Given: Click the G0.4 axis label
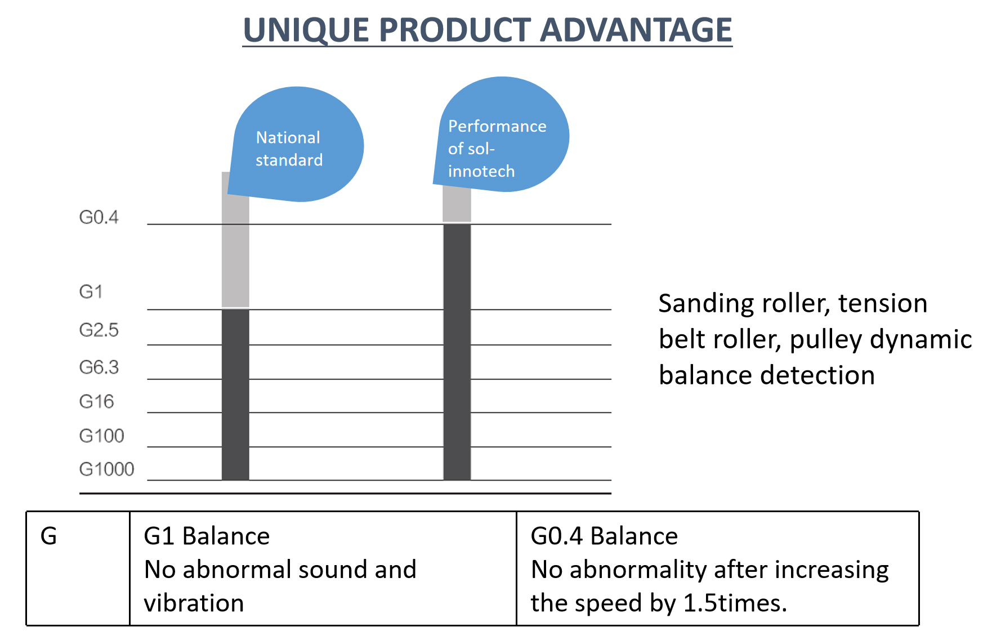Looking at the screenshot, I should coord(99,217).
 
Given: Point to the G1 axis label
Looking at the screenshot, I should coord(91,292).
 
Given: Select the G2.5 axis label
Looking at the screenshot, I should coord(99,330).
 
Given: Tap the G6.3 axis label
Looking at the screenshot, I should coord(99,367).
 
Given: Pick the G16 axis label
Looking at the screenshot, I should coord(96,401).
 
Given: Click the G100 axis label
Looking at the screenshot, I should coord(101,436).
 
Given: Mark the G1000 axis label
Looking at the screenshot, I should coord(106,469).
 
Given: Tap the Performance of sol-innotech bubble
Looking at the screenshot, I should coord(501,135).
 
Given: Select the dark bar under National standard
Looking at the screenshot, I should coord(235,394).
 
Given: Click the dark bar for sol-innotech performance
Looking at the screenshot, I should coord(457,352).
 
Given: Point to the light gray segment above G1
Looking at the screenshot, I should coord(235,253).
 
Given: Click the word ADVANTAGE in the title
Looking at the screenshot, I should coord(636,30).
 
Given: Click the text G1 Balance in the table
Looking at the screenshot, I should coord(207,536).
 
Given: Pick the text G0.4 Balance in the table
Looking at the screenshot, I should coord(604,536).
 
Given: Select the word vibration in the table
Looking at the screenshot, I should coord(194,603).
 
